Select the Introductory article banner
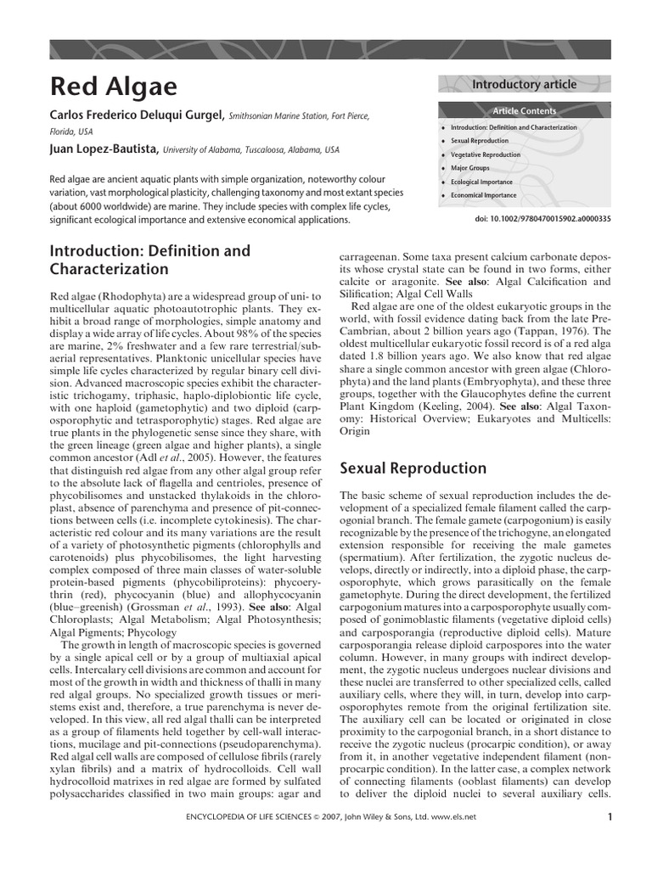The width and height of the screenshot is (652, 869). [x=524, y=84]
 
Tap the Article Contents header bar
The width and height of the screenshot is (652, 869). [x=524, y=111]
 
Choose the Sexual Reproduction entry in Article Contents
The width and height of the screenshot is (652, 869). [x=480, y=141]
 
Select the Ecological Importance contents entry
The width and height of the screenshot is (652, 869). [x=481, y=182]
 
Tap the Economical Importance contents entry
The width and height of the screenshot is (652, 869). [x=483, y=196]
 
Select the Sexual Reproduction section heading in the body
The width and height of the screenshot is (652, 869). [x=413, y=468]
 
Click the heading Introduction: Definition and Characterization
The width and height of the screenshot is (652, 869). [x=150, y=261]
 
